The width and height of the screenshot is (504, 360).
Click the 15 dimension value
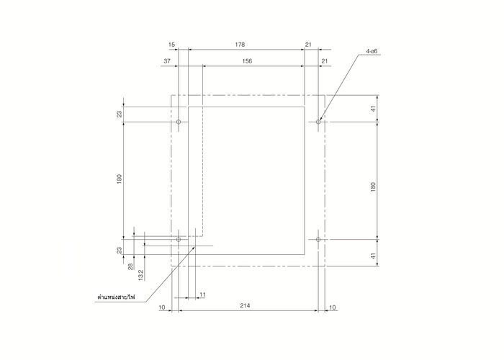click(171, 45)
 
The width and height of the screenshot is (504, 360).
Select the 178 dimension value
click(240, 45)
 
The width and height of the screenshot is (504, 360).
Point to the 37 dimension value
click(167, 61)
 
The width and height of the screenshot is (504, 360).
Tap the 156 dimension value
click(247, 61)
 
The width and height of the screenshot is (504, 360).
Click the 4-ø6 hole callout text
click(372, 51)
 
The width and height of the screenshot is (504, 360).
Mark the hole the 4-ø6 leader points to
click(318, 122)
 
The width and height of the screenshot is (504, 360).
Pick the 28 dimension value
click(130, 266)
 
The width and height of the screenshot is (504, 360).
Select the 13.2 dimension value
click(141, 275)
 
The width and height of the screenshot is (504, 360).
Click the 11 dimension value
click(202, 294)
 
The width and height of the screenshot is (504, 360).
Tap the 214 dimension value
click(245, 306)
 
